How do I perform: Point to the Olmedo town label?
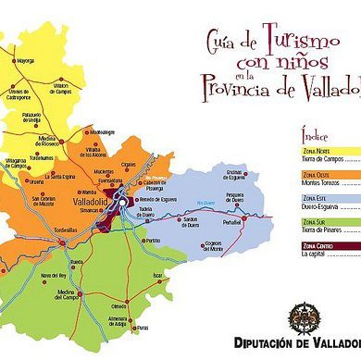[x=119, y=306]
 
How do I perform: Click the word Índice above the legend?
[x=315, y=136]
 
